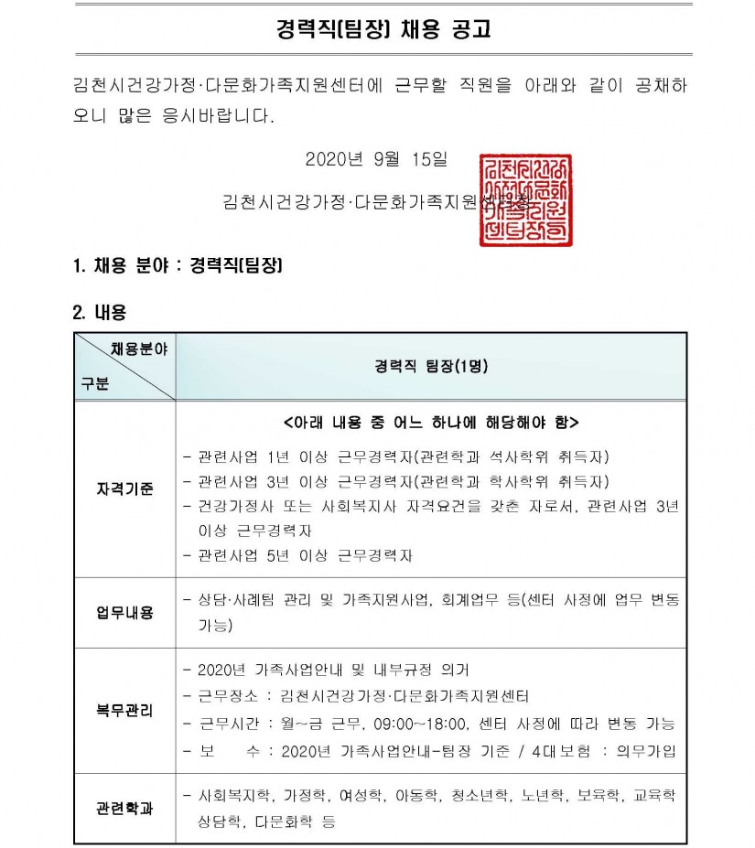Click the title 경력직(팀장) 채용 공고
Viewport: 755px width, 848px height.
click(383, 30)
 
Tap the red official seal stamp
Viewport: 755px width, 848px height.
click(525, 199)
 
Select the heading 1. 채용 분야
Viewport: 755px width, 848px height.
click(177, 266)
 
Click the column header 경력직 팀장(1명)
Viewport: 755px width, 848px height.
click(431, 366)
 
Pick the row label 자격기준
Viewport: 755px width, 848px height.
click(124, 488)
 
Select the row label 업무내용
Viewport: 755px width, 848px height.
click(124, 612)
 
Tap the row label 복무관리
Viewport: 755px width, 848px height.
click(124, 710)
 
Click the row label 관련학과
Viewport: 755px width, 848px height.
click(124, 809)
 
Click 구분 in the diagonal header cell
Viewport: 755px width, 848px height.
click(94, 384)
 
